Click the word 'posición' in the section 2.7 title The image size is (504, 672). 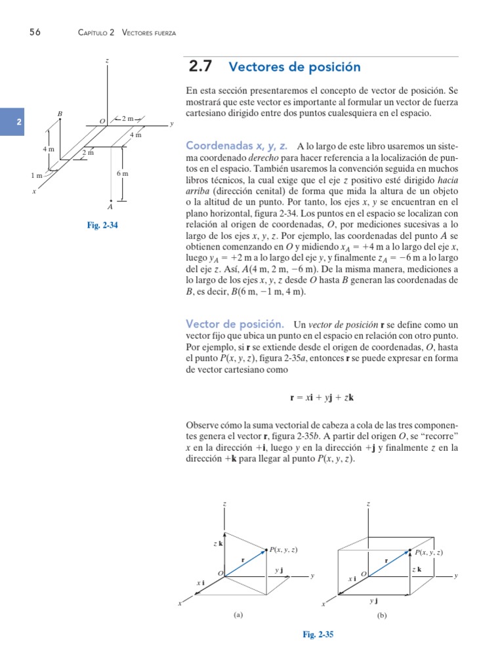332,67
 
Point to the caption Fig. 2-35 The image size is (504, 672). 318,634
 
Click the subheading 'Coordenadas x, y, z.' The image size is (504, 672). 237,145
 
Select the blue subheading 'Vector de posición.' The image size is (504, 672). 235,324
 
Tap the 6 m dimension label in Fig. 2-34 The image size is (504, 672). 122,173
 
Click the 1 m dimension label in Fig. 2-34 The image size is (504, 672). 36,175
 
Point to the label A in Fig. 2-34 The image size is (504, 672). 110,206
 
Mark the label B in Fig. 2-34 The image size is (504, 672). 60,114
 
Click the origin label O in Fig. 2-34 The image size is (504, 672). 102,121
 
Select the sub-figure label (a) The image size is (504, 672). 238,615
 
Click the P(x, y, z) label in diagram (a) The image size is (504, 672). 287,549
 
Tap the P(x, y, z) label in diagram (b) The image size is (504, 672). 428,553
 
